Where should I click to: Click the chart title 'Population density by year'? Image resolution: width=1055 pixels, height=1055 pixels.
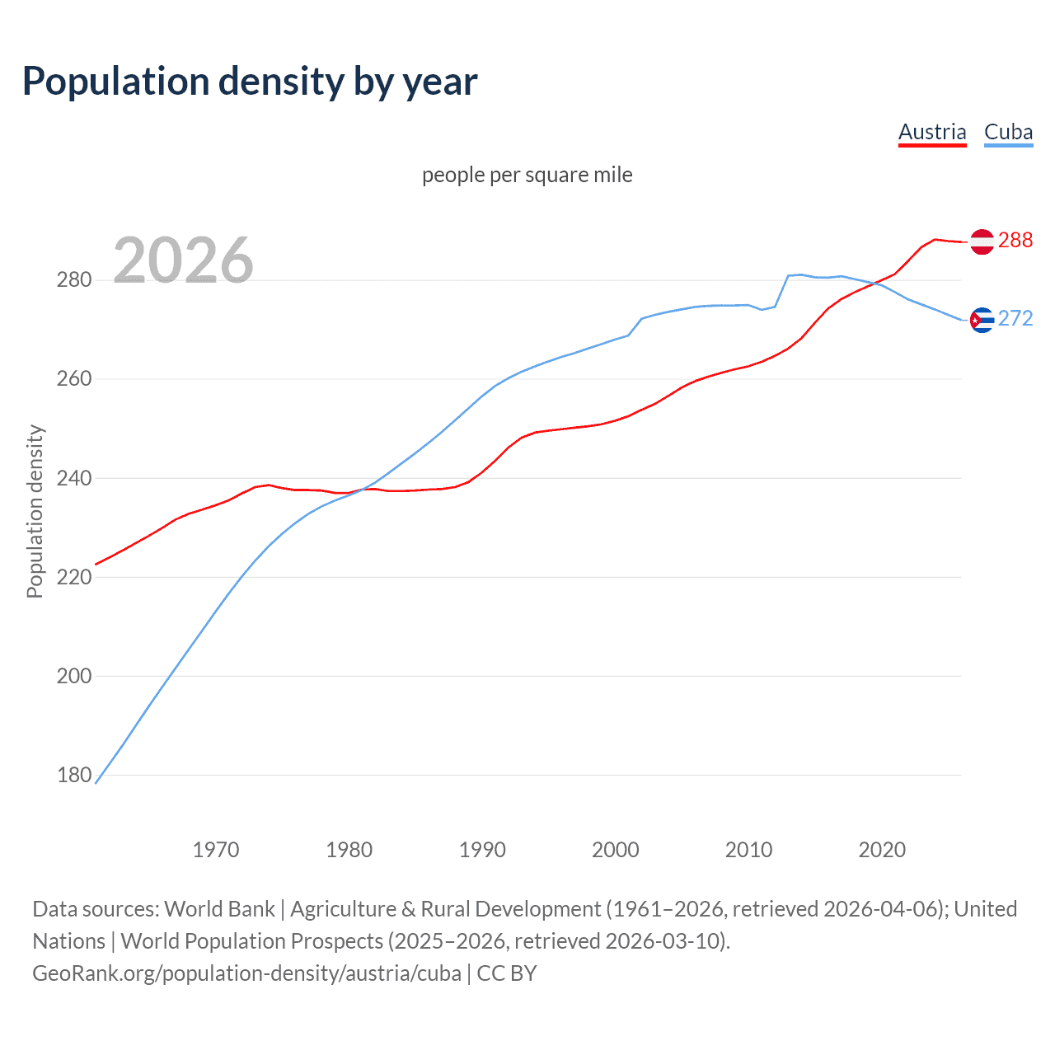250,82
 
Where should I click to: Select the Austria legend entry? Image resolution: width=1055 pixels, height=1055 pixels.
931,132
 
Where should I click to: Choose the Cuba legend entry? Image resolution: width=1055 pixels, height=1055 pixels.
1008,132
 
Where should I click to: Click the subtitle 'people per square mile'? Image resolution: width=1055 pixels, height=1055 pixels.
527,175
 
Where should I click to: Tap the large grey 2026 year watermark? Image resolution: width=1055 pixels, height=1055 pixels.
183,260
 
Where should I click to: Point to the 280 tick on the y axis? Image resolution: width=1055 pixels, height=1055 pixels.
73,280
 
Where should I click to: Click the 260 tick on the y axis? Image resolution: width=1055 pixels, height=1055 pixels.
73,379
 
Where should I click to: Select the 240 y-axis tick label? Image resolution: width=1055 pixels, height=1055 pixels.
73,478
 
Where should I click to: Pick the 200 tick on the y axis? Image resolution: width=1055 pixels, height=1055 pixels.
73,676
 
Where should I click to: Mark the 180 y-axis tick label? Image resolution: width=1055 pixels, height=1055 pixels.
73,775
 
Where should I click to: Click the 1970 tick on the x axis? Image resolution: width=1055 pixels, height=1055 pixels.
216,850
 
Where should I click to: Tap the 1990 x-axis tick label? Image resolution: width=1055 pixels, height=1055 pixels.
482,850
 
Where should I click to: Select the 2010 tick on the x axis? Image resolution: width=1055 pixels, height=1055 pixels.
748,850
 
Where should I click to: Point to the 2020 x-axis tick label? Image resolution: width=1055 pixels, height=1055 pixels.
882,850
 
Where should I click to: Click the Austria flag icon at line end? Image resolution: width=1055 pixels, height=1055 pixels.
982,241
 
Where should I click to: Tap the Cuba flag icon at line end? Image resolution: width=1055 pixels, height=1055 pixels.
982,320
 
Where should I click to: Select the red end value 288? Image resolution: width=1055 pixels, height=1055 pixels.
1015,240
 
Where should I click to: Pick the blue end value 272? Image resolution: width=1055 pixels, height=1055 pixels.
1015,318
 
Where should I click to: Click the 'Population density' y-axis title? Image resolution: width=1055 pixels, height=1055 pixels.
35,511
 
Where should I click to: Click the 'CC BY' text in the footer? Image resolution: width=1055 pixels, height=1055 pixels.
507,973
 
